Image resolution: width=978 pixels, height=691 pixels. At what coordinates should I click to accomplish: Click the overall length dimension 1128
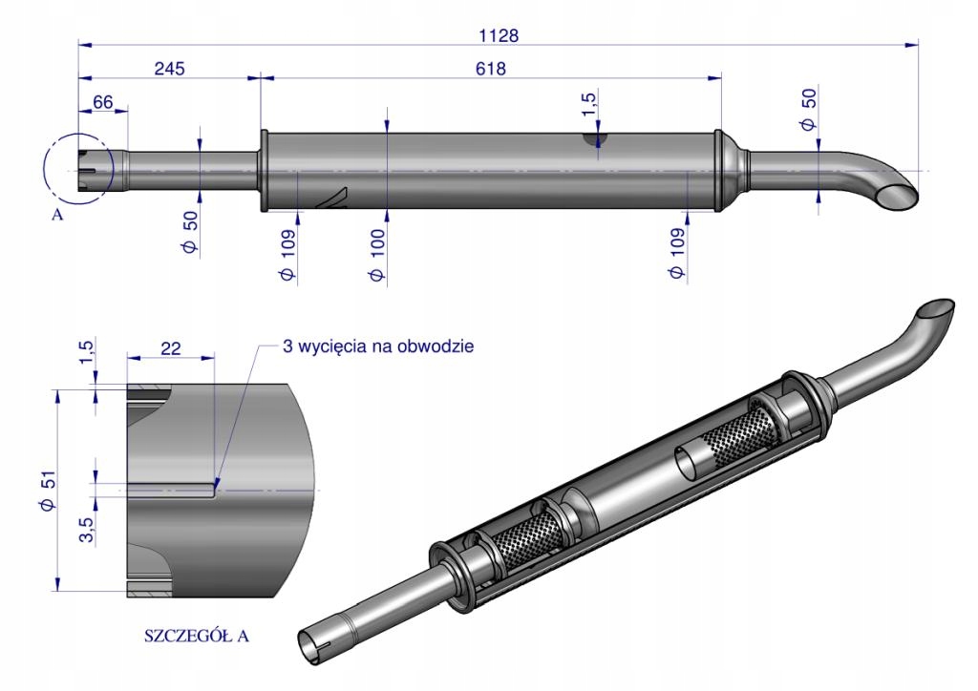498,35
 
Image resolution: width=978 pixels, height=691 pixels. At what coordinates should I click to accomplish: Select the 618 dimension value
491,69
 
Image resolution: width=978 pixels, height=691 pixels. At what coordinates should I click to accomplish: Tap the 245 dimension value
168,69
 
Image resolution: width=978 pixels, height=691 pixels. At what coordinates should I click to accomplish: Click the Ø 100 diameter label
379,255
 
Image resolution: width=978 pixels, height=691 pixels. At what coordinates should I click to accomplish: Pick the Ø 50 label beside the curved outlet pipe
808,111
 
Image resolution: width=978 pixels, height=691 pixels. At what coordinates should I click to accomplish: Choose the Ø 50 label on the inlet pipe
190,235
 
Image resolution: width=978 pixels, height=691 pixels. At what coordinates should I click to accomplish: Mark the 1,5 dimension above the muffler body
592,107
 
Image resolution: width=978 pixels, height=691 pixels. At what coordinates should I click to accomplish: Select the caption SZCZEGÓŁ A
196,636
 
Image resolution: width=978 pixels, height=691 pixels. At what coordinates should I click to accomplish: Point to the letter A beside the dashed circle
57,215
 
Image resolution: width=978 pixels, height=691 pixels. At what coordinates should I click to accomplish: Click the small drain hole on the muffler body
596,141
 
